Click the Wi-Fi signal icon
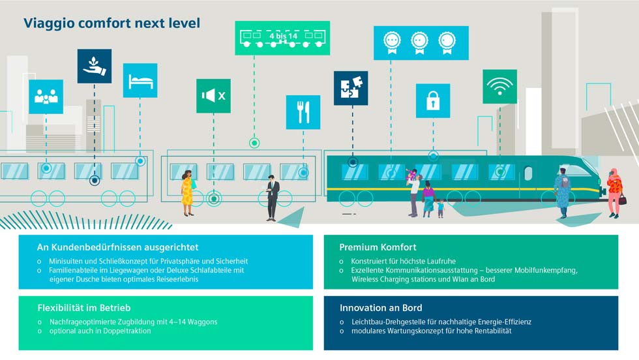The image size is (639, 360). click(x=499, y=86)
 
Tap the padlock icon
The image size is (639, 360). click(x=432, y=100)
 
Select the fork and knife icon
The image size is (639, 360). click(x=303, y=112)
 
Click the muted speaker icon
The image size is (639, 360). click(x=213, y=96)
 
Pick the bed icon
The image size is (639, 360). click(x=140, y=80)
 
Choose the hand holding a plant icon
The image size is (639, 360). click(x=95, y=66)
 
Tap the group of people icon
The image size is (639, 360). click(x=46, y=97)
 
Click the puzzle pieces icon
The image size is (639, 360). click(x=351, y=88)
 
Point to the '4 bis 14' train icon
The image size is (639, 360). click(x=282, y=37)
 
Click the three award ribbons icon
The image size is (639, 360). click(x=421, y=42)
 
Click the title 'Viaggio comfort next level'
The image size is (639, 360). click(x=111, y=23)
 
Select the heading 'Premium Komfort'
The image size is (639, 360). click(x=378, y=247)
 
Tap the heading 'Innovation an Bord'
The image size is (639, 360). click(x=381, y=308)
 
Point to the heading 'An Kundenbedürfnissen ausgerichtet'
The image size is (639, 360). click(x=117, y=247)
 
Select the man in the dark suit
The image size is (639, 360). click(x=273, y=198)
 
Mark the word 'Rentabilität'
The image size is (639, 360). click(x=488, y=331)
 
